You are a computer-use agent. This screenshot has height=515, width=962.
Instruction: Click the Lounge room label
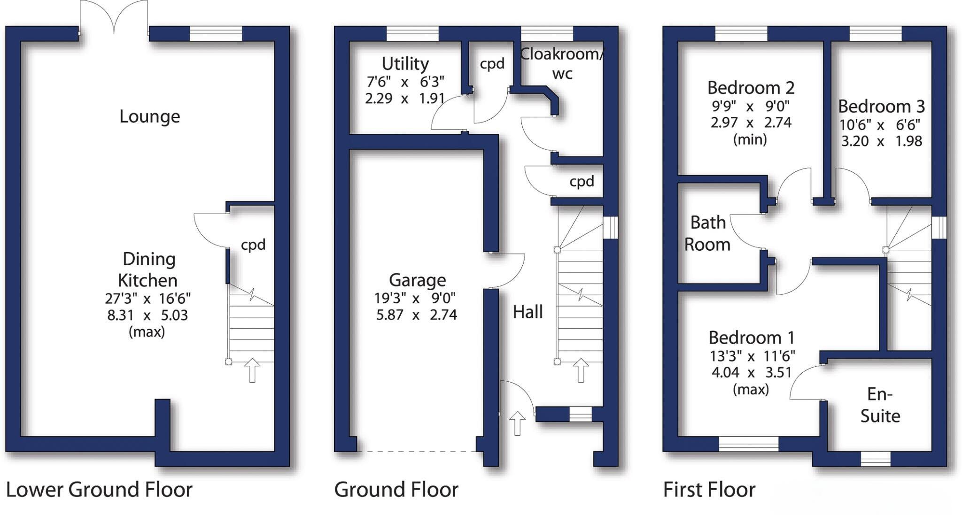click(149, 116)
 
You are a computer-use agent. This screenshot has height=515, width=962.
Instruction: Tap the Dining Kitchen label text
click(148, 269)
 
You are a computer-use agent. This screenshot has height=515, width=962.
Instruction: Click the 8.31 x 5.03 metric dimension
click(147, 315)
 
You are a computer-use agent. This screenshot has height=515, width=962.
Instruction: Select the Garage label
click(417, 280)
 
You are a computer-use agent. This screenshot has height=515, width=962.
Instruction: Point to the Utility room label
click(405, 64)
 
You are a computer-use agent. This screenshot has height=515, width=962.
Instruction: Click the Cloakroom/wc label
click(562, 63)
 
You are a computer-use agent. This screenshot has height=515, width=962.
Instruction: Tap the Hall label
click(528, 312)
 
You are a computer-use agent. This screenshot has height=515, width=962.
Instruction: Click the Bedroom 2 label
click(750, 88)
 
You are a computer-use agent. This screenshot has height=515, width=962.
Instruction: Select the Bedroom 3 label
click(881, 107)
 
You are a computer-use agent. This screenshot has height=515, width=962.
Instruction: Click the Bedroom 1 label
click(751, 338)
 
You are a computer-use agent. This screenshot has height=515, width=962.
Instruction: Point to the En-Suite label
click(880, 405)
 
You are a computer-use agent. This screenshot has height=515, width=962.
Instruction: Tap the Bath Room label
click(707, 233)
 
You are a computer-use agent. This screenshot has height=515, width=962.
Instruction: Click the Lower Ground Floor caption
click(99, 490)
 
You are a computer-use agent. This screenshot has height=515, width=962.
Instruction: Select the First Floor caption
click(709, 490)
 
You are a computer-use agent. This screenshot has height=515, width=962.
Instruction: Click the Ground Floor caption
click(396, 490)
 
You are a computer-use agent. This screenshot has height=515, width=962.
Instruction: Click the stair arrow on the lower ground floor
click(252, 370)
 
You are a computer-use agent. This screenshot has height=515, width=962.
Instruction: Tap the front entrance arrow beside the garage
click(517, 423)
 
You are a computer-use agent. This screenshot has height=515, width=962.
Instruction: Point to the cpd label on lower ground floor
click(253, 245)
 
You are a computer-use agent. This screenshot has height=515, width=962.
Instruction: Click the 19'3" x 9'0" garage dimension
click(415, 298)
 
